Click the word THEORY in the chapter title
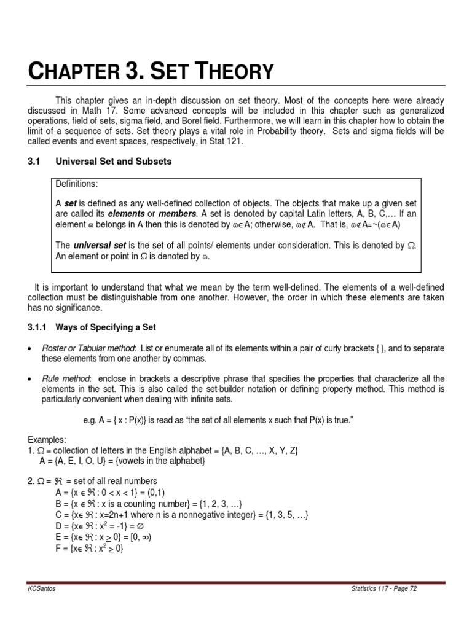[231, 72]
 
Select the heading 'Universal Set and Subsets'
[114, 162]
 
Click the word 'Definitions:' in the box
[78, 184]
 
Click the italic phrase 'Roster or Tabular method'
[87, 349]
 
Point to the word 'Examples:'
[47, 440]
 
